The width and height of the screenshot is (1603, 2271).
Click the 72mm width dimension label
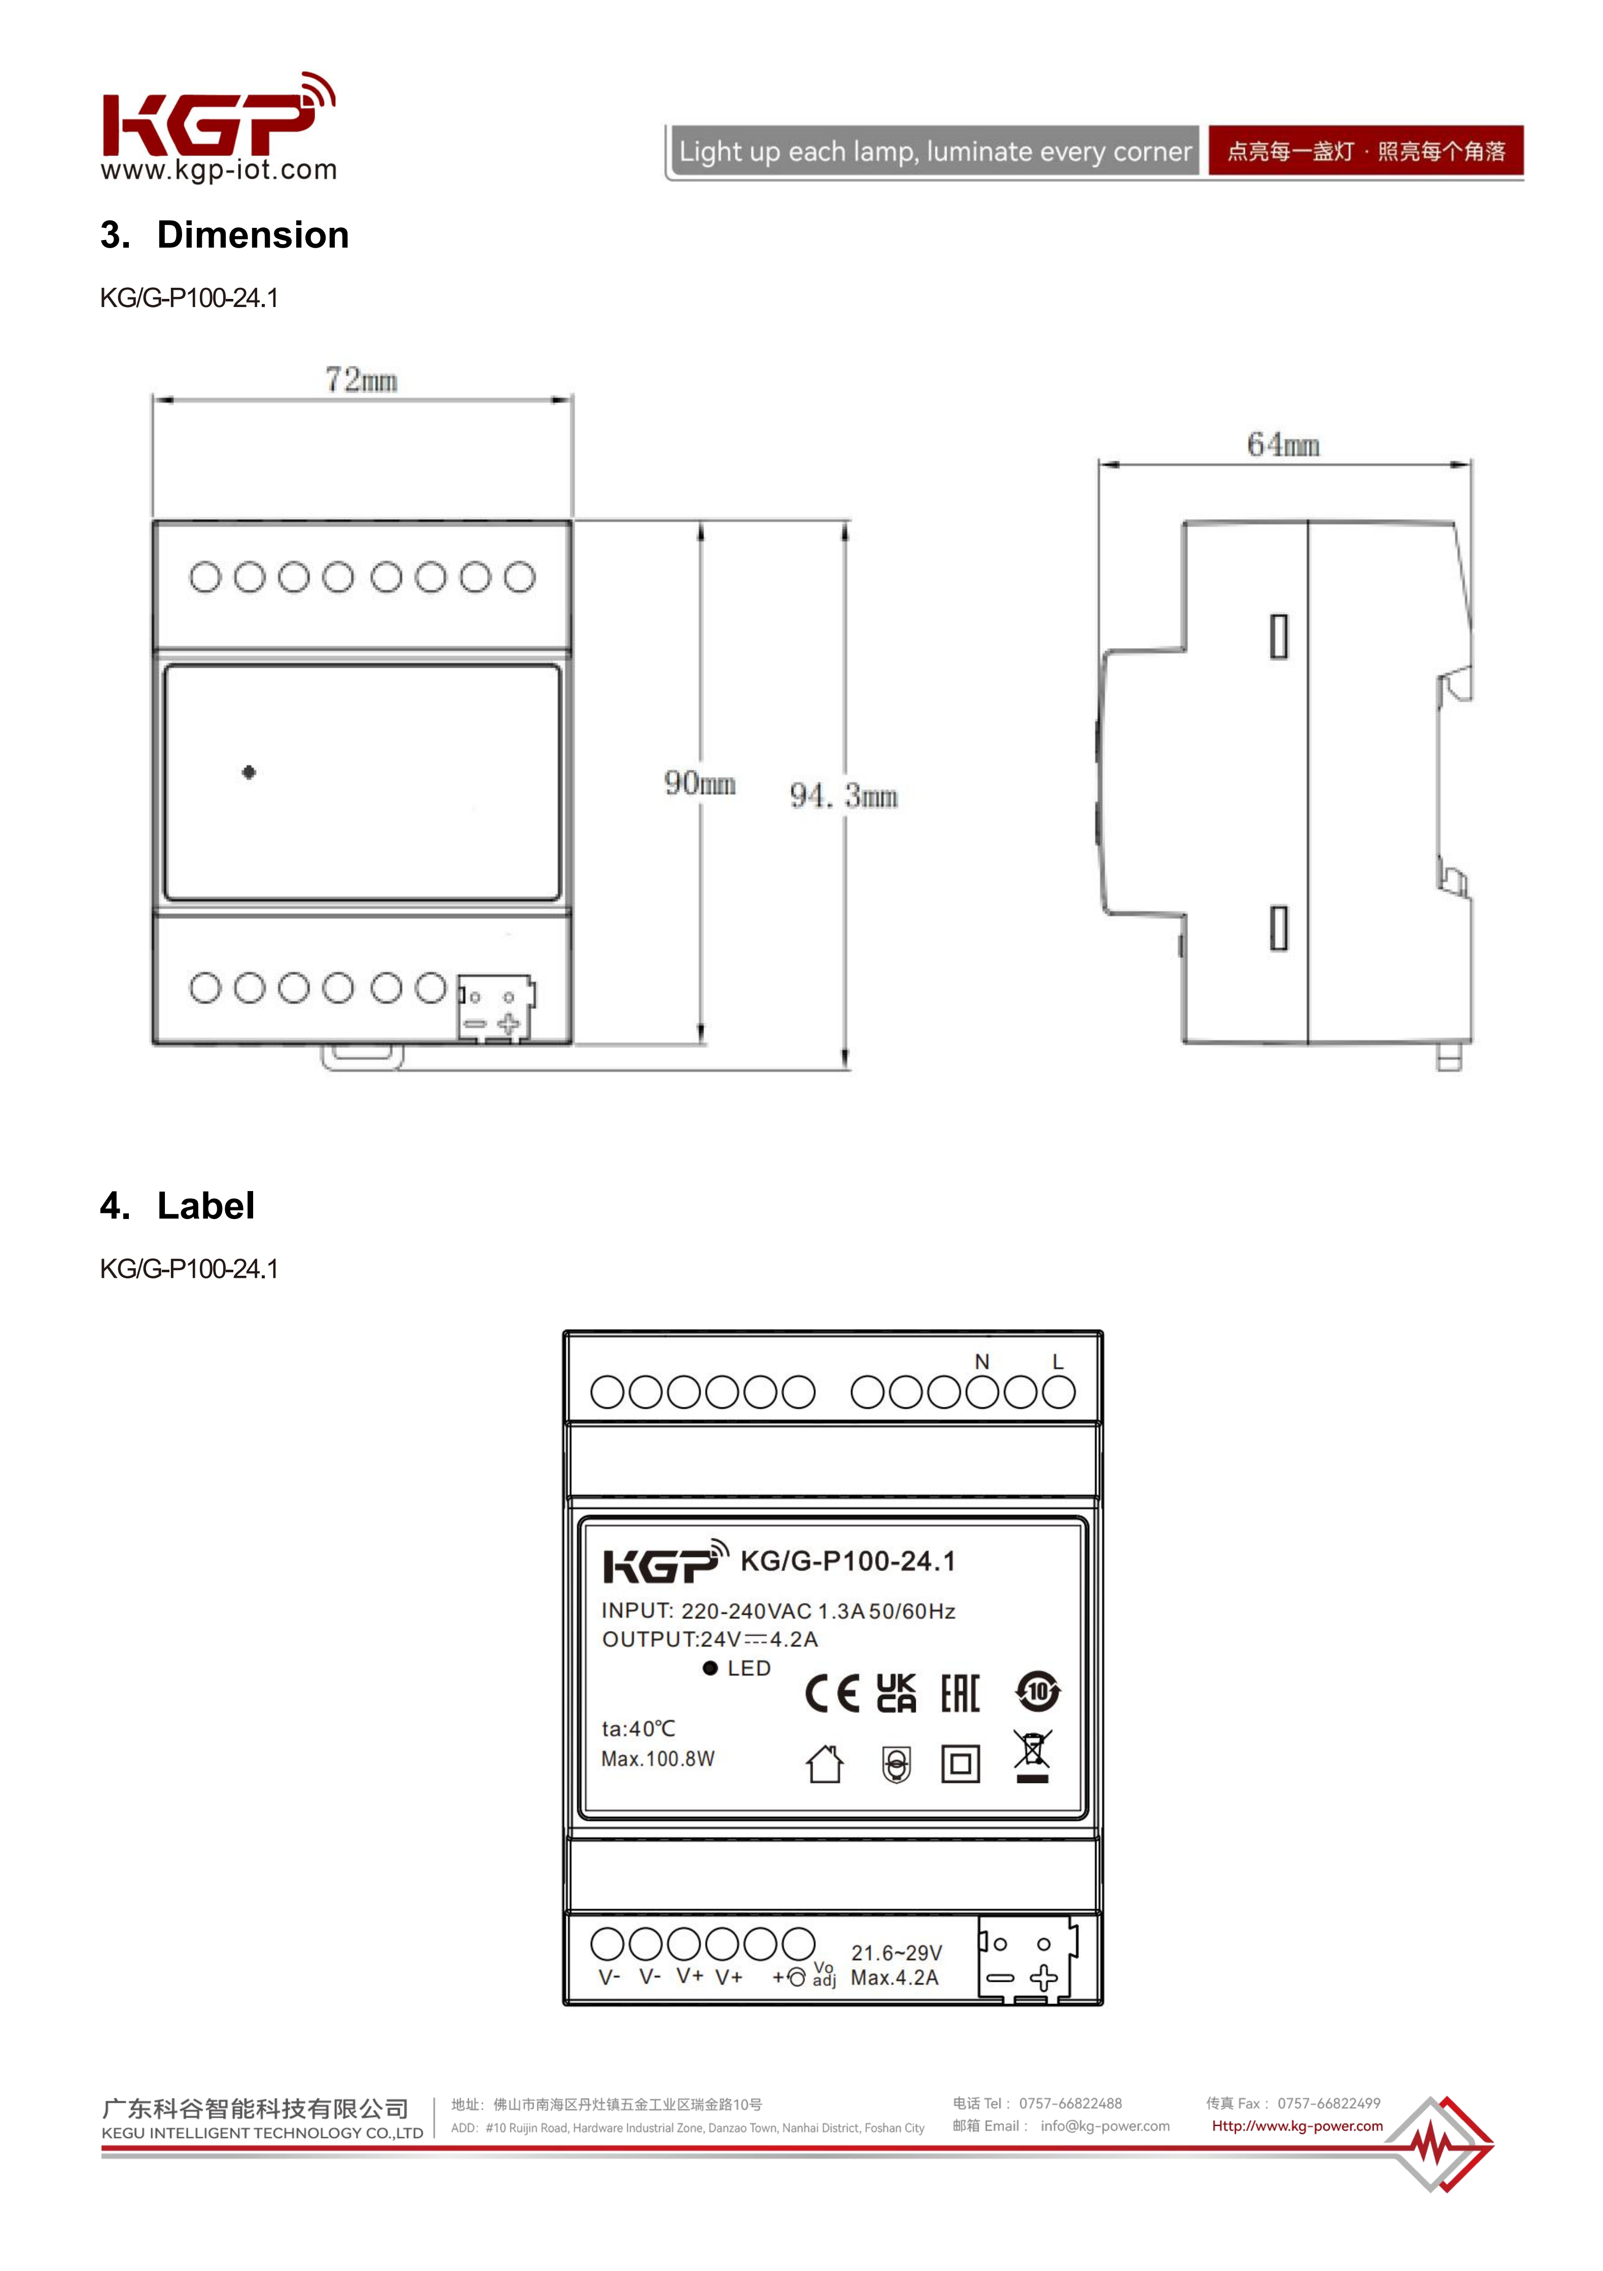tap(361, 380)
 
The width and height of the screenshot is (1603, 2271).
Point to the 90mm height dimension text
tap(699, 784)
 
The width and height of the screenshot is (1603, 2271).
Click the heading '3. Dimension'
tap(225, 235)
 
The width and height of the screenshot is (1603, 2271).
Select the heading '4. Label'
tap(178, 1206)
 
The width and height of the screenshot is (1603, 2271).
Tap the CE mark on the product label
tap(831, 1693)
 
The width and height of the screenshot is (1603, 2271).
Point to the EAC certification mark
tap(959, 1693)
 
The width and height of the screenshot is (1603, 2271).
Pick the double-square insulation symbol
tap(959, 1764)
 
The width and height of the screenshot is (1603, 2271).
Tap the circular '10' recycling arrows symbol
tap(1037, 1692)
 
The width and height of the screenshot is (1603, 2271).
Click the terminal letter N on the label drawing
tap(982, 1362)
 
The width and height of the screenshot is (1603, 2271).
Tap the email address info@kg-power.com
tap(1104, 2125)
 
